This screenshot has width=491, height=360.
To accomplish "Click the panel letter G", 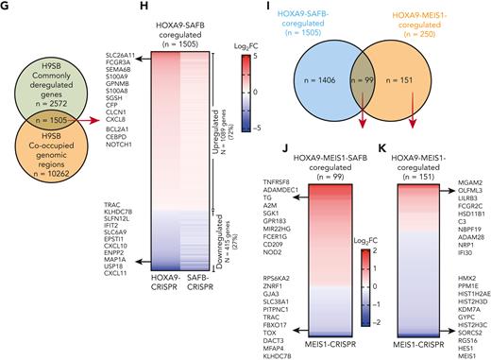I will pyautogui.click(x=6, y=7).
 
